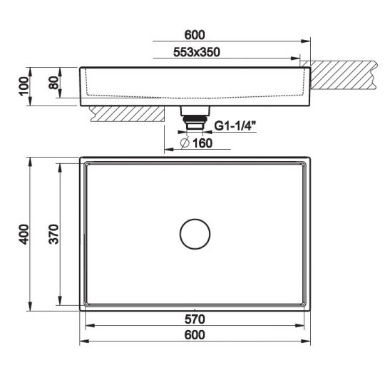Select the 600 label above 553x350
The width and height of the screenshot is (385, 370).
[x=195, y=34]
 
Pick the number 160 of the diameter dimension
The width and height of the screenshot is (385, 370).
[x=202, y=143]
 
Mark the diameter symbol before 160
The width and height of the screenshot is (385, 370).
[x=184, y=143]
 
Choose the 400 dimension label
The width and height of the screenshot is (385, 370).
[x=24, y=234]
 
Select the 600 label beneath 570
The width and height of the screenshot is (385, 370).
[x=195, y=334]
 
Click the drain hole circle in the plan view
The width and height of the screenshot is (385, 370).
[x=195, y=234]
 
